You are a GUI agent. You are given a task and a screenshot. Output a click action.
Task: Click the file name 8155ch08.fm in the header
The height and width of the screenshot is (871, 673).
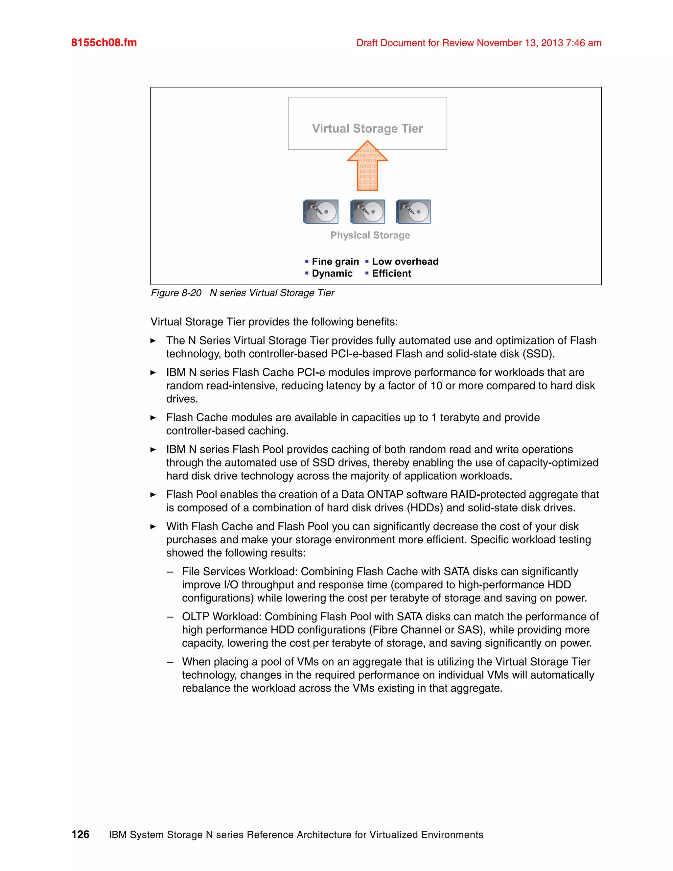(104, 43)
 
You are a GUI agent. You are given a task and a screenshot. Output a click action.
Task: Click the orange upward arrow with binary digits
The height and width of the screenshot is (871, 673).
(367, 168)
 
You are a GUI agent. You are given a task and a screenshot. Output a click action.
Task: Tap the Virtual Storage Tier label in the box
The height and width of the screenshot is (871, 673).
(367, 129)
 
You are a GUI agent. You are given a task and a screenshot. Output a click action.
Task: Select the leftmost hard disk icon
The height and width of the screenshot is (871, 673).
(321, 212)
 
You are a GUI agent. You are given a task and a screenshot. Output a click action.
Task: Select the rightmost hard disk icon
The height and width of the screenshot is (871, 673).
(413, 212)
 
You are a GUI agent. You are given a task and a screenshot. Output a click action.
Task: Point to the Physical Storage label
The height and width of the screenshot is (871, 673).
(370, 235)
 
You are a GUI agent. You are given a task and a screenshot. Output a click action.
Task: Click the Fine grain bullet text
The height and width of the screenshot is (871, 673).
(335, 262)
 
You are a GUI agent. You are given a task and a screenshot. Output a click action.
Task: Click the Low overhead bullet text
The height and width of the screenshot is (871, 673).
(405, 262)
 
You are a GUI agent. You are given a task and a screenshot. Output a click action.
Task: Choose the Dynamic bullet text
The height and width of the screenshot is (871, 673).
(332, 273)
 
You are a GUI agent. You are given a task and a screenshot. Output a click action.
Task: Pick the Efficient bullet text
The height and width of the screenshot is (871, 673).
(391, 273)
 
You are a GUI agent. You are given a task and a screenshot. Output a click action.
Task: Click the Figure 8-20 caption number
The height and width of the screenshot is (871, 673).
(176, 293)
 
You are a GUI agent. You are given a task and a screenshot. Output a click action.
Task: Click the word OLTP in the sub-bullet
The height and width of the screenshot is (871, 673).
(196, 617)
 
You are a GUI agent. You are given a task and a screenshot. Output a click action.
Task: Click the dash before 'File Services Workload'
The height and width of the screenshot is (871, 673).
(170, 572)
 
